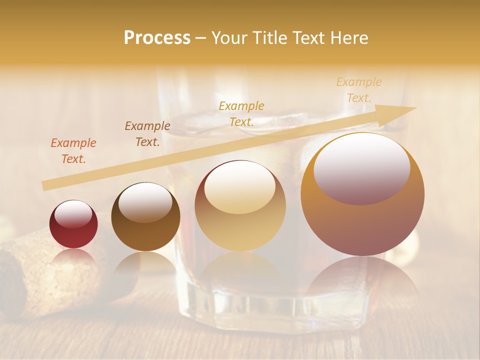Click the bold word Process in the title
pyautogui.click(x=157, y=38)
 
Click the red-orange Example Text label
pyautogui.click(x=73, y=151)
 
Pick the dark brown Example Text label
pyautogui.click(x=147, y=134)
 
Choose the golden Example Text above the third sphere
pyautogui.click(x=241, y=113)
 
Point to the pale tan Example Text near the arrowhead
pyautogui.click(x=358, y=90)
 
